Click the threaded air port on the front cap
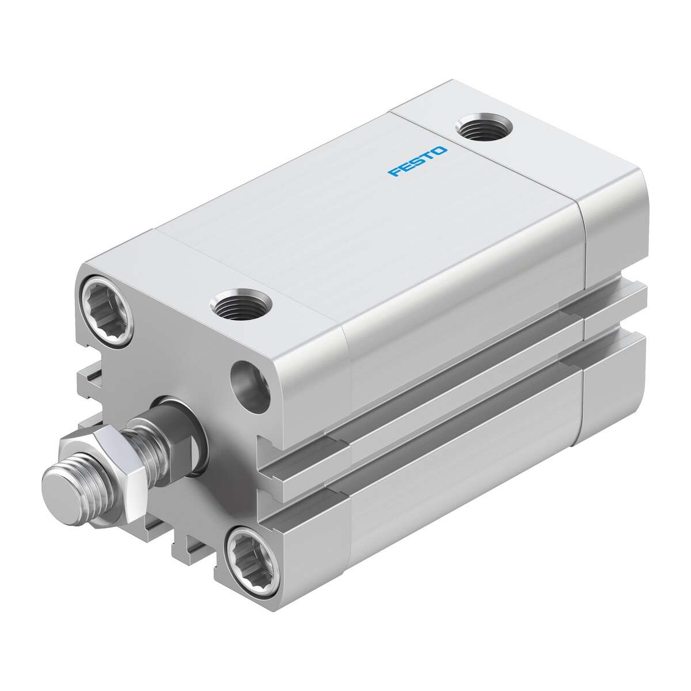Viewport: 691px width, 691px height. pyautogui.click(x=241, y=303)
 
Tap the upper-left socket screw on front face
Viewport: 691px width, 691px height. pyautogui.click(x=108, y=302)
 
